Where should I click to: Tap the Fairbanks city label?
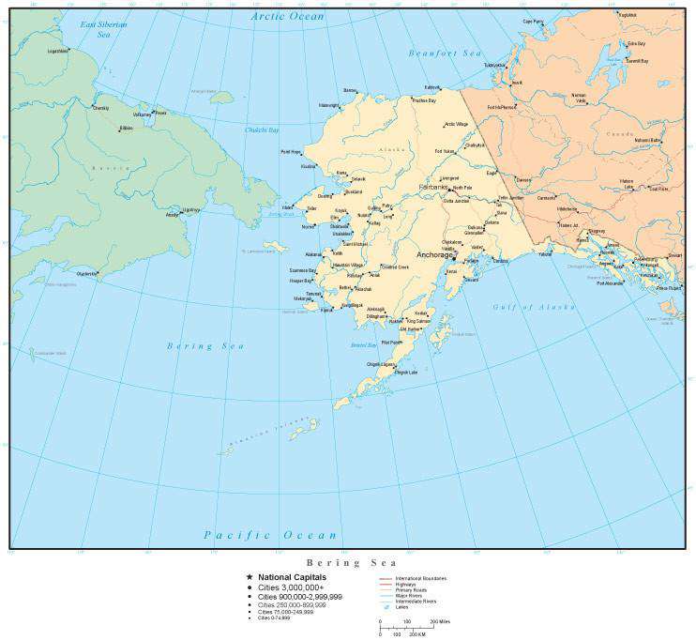[432, 188]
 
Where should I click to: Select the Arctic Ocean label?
[288, 17]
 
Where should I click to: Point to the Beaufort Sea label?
[445, 53]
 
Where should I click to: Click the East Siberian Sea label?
[103, 28]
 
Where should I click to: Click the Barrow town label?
[351, 90]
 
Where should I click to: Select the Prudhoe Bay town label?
[424, 100]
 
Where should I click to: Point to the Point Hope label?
[291, 151]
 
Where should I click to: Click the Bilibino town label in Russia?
[126, 127]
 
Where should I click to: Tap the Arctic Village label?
[456, 124]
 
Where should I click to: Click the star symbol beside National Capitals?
[250, 577]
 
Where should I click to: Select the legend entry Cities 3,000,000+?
[293, 587]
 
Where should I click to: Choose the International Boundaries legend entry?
[420, 577]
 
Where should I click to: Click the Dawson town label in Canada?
[524, 179]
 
